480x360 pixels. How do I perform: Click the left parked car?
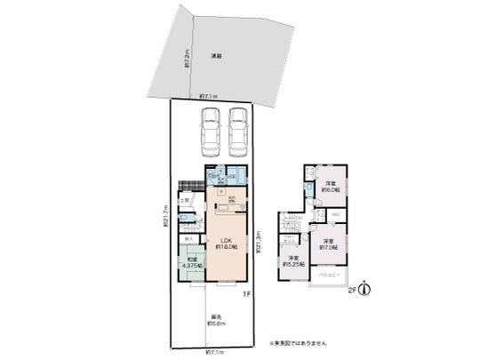211,130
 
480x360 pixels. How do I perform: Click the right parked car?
239,130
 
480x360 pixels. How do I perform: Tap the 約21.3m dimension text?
259,242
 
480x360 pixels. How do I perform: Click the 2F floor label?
352,289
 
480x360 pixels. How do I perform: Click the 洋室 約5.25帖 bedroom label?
292,260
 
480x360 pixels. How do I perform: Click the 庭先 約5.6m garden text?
216,321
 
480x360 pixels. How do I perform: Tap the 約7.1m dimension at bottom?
216,352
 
